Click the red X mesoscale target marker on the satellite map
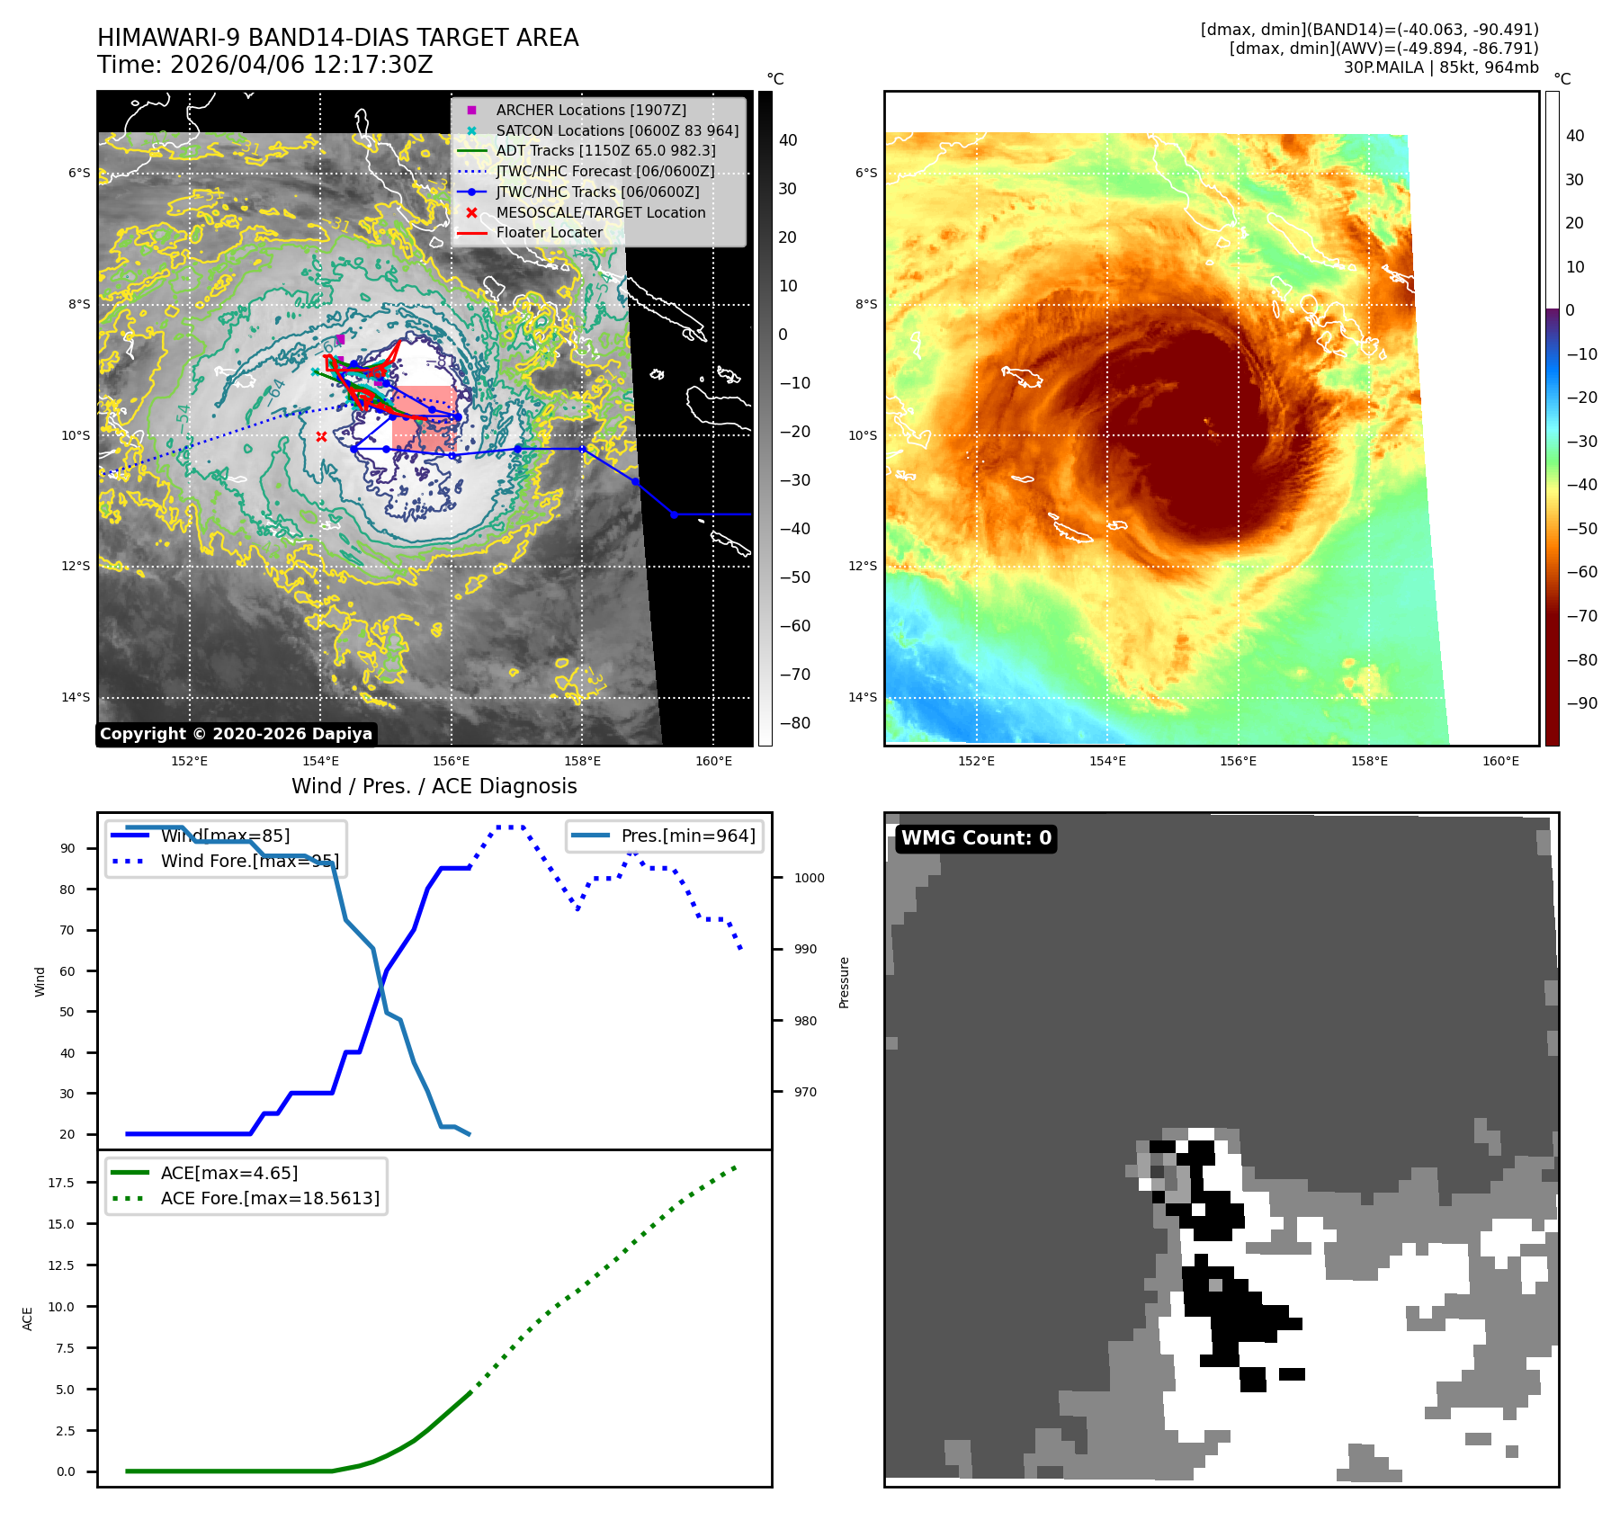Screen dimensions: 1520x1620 point(321,437)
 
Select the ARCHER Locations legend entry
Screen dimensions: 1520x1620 point(590,110)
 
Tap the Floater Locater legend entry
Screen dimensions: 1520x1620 point(549,232)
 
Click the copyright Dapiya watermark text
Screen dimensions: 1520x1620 point(236,734)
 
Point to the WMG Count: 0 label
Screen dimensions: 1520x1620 point(976,838)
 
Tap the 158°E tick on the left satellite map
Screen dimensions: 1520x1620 point(582,761)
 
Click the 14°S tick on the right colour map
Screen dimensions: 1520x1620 point(862,697)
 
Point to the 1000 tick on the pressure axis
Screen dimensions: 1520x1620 point(809,878)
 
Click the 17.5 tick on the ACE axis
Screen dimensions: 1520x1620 point(61,1183)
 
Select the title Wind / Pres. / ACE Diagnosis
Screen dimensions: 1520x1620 point(434,786)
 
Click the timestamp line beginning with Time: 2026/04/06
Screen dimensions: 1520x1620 point(265,65)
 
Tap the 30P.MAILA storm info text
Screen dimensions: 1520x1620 point(1440,67)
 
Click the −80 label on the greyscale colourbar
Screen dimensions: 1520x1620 point(794,723)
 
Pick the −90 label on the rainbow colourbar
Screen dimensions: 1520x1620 point(1581,703)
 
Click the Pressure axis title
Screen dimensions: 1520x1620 point(844,982)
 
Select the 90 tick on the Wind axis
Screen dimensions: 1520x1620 point(67,848)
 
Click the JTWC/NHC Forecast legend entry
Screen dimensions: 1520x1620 point(604,171)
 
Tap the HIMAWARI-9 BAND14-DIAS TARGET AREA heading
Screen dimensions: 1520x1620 point(337,38)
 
